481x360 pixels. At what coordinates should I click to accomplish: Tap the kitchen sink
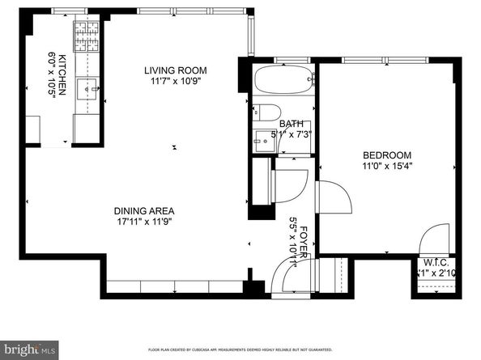tap(87, 85)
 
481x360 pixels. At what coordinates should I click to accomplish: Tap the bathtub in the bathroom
tap(281, 82)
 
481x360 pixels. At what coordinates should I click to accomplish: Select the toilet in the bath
tap(269, 112)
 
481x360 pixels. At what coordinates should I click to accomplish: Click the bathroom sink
tap(265, 139)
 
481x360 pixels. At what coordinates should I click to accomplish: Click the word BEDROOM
tap(386, 155)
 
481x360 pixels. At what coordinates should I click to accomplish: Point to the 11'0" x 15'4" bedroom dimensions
tap(386, 167)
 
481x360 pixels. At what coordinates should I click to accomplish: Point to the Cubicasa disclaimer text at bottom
tap(240, 350)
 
